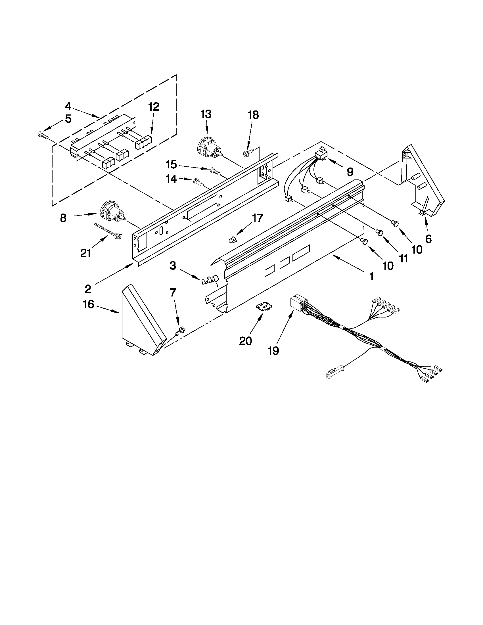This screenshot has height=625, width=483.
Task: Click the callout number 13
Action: pos(206,114)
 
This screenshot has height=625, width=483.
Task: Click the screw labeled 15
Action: pos(215,171)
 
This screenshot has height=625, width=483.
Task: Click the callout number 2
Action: pos(88,289)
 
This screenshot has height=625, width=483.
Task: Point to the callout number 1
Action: pos(371,277)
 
